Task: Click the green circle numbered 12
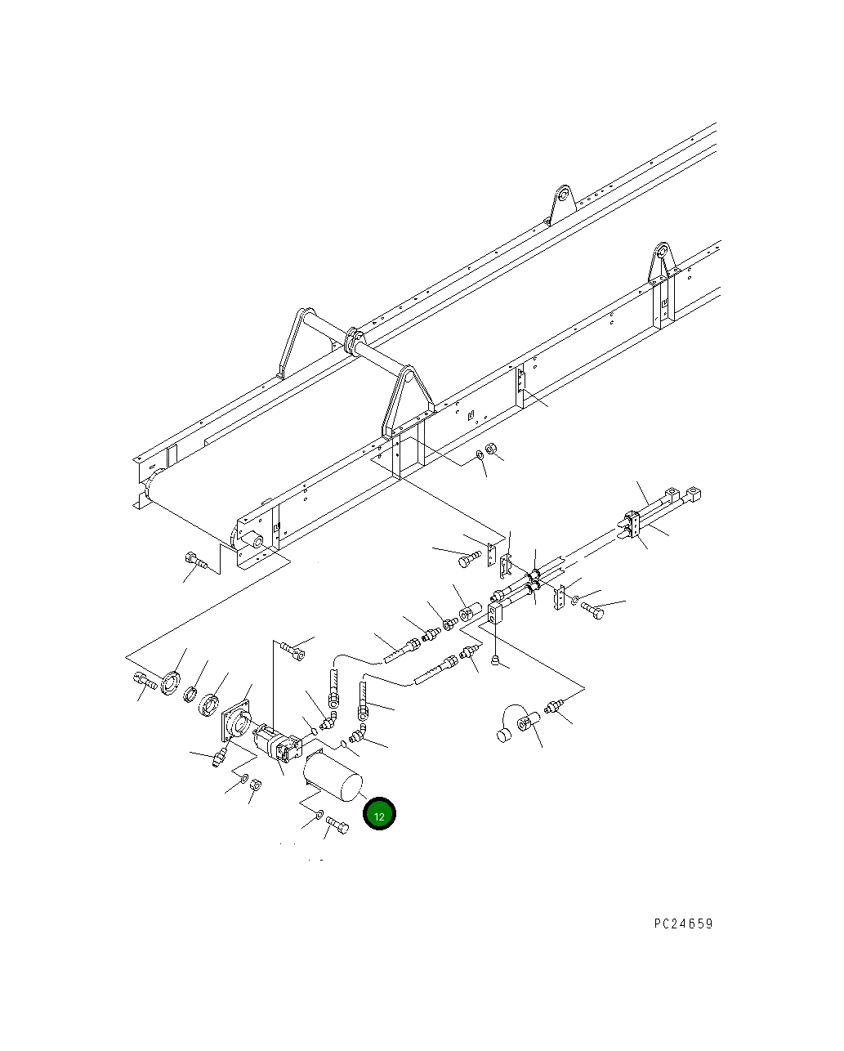[379, 813]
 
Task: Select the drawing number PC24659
[683, 924]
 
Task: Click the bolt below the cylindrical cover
[337, 825]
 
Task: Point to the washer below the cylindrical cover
[319, 814]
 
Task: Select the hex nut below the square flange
[255, 785]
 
